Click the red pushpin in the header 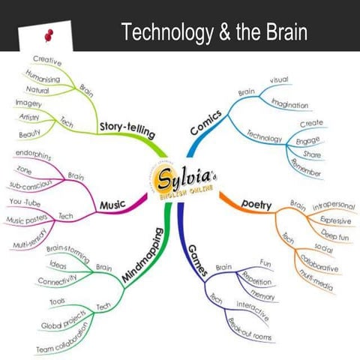click(x=49, y=34)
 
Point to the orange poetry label click(x=256, y=204)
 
